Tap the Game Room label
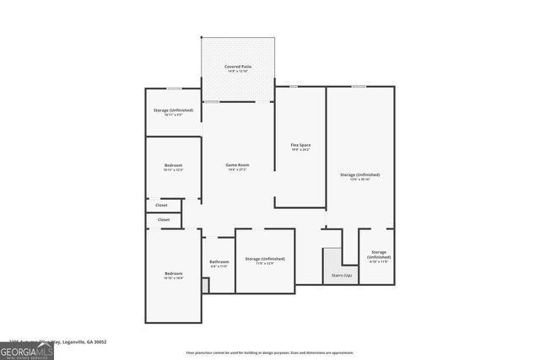[x=237, y=164]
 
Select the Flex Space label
[x=300, y=145]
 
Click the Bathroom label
[x=219, y=262]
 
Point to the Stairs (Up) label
[x=342, y=276]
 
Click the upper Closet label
[x=162, y=205]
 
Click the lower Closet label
[x=164, y=220]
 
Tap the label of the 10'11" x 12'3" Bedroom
[x=173, y=164]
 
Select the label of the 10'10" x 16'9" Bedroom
[x=174, y=274]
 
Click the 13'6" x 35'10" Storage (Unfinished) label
[x=360, y=175]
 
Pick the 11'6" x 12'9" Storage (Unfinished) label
[x=265, y=259]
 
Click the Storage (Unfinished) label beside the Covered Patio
[x=173, y=110]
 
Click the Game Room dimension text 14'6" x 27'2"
[x=237, y=170]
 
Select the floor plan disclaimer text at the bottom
[x=270, y=352]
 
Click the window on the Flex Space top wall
[x=292, y=86]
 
